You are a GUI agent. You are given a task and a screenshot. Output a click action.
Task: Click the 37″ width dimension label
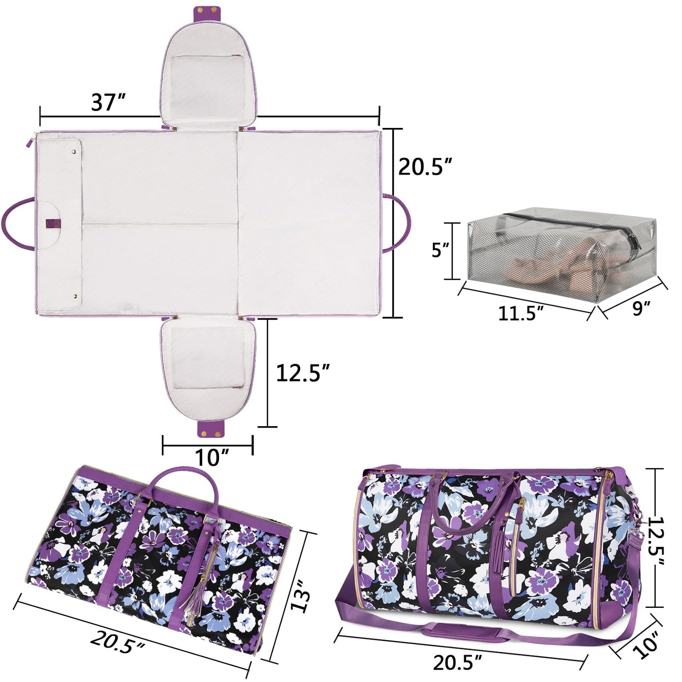[109, 103]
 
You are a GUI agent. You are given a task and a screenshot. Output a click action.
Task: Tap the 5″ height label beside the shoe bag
[441, 251]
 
